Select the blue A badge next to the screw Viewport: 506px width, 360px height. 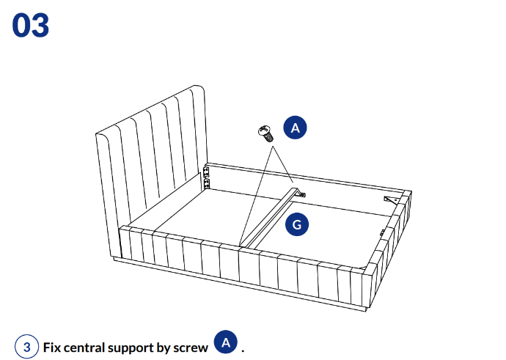[296, 128]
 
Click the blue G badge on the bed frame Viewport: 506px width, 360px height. [296, 224]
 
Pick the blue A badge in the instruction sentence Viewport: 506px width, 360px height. [227, 342]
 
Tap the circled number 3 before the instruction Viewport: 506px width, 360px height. [26, 346]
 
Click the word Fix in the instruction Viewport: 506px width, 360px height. [53, 346]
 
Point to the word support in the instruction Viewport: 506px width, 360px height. [136, 347]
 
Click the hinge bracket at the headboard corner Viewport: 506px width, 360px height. [206, 175]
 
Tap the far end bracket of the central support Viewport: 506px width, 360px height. [300, 194]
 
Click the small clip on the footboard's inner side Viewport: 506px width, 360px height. [382, 232]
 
